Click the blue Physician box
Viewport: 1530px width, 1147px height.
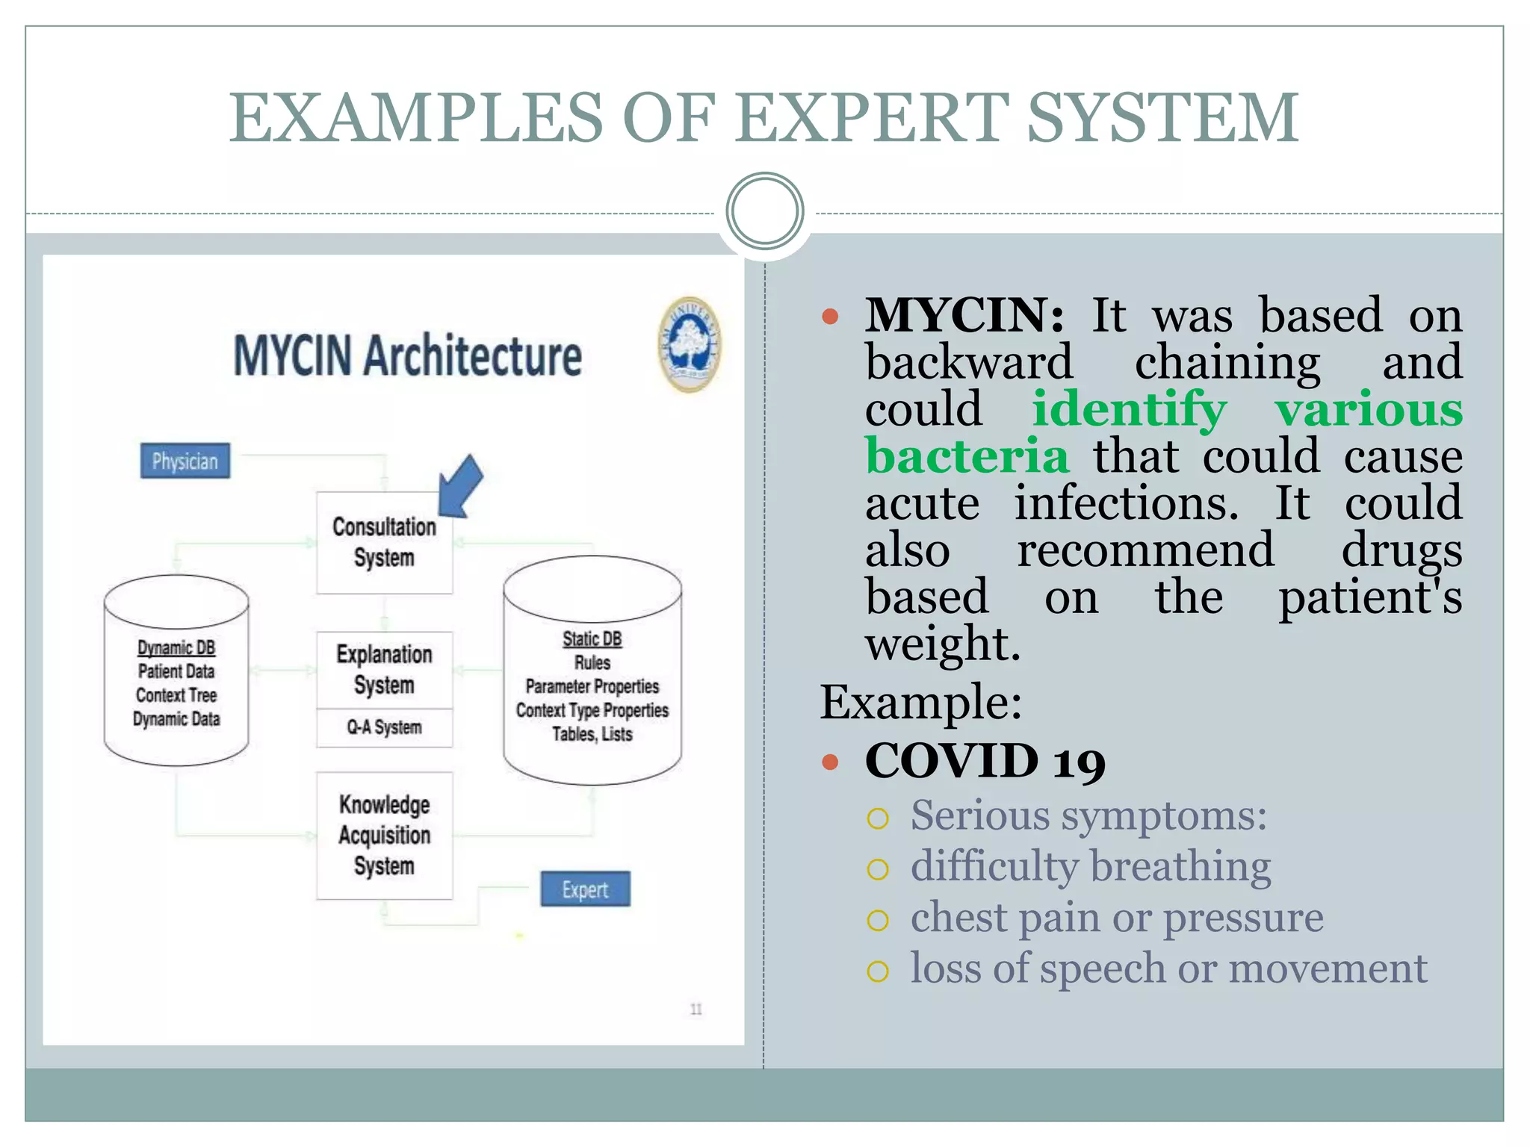(x=185, y=461)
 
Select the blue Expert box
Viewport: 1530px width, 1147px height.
(x=585, y=889)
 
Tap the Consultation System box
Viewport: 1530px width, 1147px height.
(x=384, y=543)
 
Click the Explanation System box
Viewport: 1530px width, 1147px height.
(x=384, y=670)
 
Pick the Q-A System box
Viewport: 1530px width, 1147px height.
(x=384, y=727)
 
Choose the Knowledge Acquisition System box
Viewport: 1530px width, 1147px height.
(x=384, y=835)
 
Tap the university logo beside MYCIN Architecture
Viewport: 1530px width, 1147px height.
(x=690, y=344)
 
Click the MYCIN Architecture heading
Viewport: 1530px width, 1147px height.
(x=407, y=356)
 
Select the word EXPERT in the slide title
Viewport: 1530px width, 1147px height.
(x=873, y=118)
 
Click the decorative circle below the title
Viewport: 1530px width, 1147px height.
(x=764, y=211)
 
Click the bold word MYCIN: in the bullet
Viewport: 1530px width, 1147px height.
(x=964, y=315)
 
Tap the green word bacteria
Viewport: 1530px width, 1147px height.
(x=967, y=456)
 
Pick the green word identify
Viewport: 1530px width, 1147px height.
(x=1129, y=409)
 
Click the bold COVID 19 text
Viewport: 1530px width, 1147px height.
(x=985, y=761)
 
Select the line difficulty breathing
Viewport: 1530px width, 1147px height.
(x=1090, y=867)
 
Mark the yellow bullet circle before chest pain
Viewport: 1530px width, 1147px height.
(x=878, y=920)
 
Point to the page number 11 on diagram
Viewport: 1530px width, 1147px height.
(x=696, y=1010)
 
